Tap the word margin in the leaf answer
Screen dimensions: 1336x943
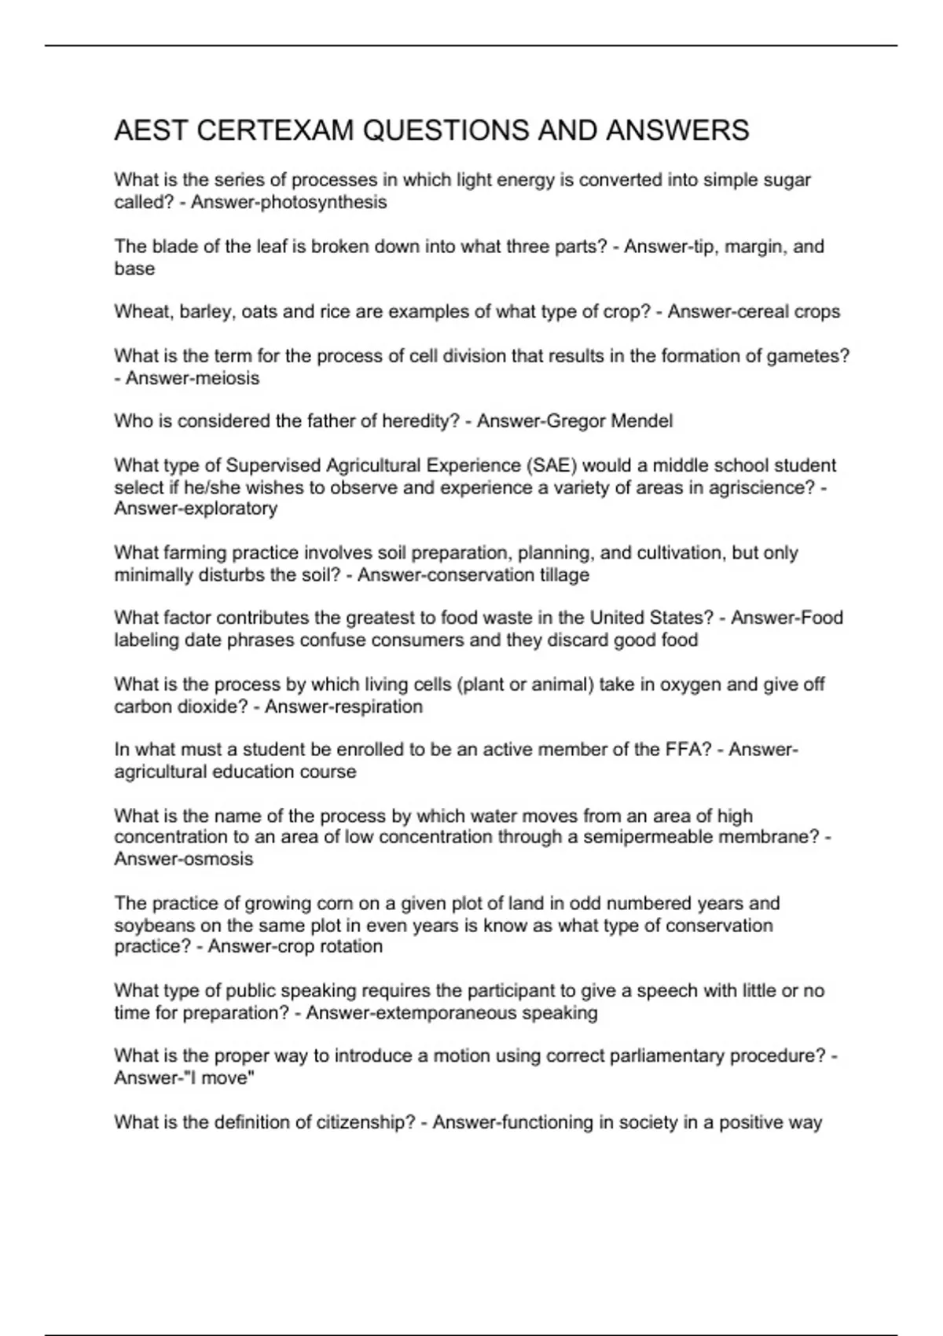[755, 247]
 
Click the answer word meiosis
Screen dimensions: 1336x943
[228, 379]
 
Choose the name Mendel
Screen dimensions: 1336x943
[641, 421]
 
